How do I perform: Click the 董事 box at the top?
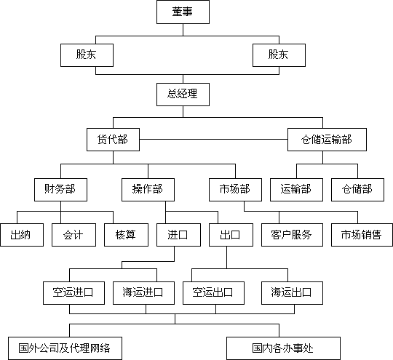pos(183,12)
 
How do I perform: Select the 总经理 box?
pos(183,95)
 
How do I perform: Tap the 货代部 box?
pos(113,140)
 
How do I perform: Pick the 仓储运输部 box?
pos(327,140)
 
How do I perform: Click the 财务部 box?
pos(60,190)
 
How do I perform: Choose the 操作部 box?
pos(148,190)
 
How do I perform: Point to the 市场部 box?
pos(235,190)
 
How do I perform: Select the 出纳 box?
pos(22,235)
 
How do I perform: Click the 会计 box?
pos(74,235)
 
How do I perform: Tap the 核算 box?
pos(126,235)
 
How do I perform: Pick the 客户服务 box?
pos(292,235)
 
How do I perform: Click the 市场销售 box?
pos(362,235)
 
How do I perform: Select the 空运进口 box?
pos(74,293)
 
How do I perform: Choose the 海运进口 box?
pos(143,293)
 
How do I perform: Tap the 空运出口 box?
pos(213,293)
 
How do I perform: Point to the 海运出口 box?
pos(292,293)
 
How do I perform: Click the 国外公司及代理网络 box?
pos(65,348)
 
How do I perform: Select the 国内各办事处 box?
pos(284,348)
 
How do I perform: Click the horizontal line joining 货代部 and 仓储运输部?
pos(213,140)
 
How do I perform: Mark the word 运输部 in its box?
pos(295,189)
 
